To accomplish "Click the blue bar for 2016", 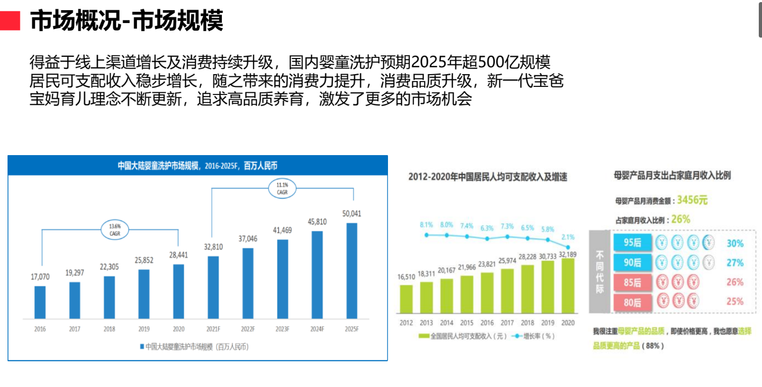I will click(40, 302).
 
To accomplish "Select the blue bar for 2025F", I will click(352, 271).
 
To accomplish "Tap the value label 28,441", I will click(178, 255).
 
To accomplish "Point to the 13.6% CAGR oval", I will click(114, 230).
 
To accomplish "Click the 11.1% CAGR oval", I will click(283, 188).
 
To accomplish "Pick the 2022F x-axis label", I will click(248, 328).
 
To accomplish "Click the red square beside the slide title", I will click(10, 21).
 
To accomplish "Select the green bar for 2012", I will click(406, 298).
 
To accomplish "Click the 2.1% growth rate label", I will click(568, 237).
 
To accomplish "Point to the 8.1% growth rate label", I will click(427, 225).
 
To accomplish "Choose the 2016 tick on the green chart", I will click(487, 323).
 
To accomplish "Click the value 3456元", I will click(692, 200).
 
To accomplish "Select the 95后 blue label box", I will click(632, 244).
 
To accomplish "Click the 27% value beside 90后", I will click(735, 263).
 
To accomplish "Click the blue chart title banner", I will click(197, 165).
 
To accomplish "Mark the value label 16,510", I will click(407, 277).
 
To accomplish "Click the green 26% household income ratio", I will click(680, 219).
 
